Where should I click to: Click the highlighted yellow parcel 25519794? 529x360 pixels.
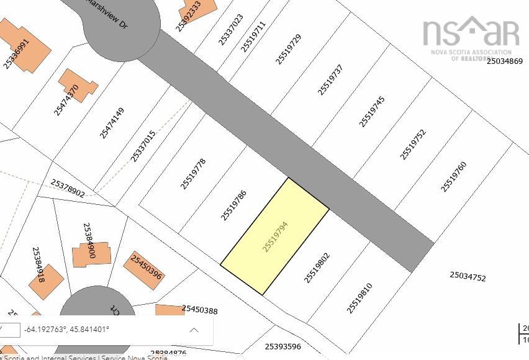pos(275,236)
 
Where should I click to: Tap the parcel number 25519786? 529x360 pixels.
pos(233,205)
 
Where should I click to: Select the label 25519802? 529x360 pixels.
pos(317,268)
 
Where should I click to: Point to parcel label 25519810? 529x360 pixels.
pos(359,298)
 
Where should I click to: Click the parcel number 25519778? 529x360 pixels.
pos(193,174)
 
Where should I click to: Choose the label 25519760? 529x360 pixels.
pos(453,177)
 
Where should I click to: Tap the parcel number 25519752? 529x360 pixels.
pos(413,145)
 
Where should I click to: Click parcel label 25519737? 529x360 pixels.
pos(330,80)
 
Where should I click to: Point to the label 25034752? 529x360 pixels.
pos(468,276)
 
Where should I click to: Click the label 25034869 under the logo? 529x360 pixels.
pos(504,61)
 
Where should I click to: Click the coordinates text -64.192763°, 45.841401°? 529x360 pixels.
pos(66,329)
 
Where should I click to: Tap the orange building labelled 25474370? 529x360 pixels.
pos(78,86)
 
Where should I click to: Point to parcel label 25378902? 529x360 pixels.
pos(68,188)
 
